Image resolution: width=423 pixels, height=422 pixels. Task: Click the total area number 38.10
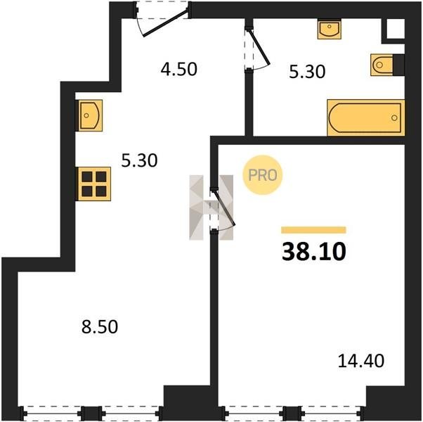tap(314, 252)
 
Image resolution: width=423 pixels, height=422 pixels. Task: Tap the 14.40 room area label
tap(361, 361)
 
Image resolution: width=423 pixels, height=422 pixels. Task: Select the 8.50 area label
tap(100, 326)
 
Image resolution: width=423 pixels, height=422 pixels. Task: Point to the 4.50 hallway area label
tap(179, 69)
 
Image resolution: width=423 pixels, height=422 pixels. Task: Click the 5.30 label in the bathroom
tap(307, 72)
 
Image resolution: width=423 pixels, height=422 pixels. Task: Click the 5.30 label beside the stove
tap(139, 160)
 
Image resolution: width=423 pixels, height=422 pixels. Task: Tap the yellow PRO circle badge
tap(263, 175)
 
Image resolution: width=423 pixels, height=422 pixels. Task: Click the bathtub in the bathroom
tap(366, 117)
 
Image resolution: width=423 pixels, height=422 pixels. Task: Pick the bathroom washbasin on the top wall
tap(329, 29)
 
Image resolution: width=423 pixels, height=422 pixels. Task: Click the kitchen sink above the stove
tap(90, 115)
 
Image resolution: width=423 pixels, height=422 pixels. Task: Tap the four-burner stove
tap(94, 184)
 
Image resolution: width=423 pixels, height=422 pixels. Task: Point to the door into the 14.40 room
tap(222, 209)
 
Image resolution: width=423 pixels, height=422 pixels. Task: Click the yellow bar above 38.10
tap(313, 230)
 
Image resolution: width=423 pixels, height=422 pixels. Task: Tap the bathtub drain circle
tap(394, 117)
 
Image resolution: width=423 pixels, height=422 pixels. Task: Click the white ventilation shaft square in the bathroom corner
tap(396, 29)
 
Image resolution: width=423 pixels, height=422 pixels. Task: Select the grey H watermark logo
tap(211, 207)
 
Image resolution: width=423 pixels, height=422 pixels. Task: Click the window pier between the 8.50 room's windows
tap(92, 413)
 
